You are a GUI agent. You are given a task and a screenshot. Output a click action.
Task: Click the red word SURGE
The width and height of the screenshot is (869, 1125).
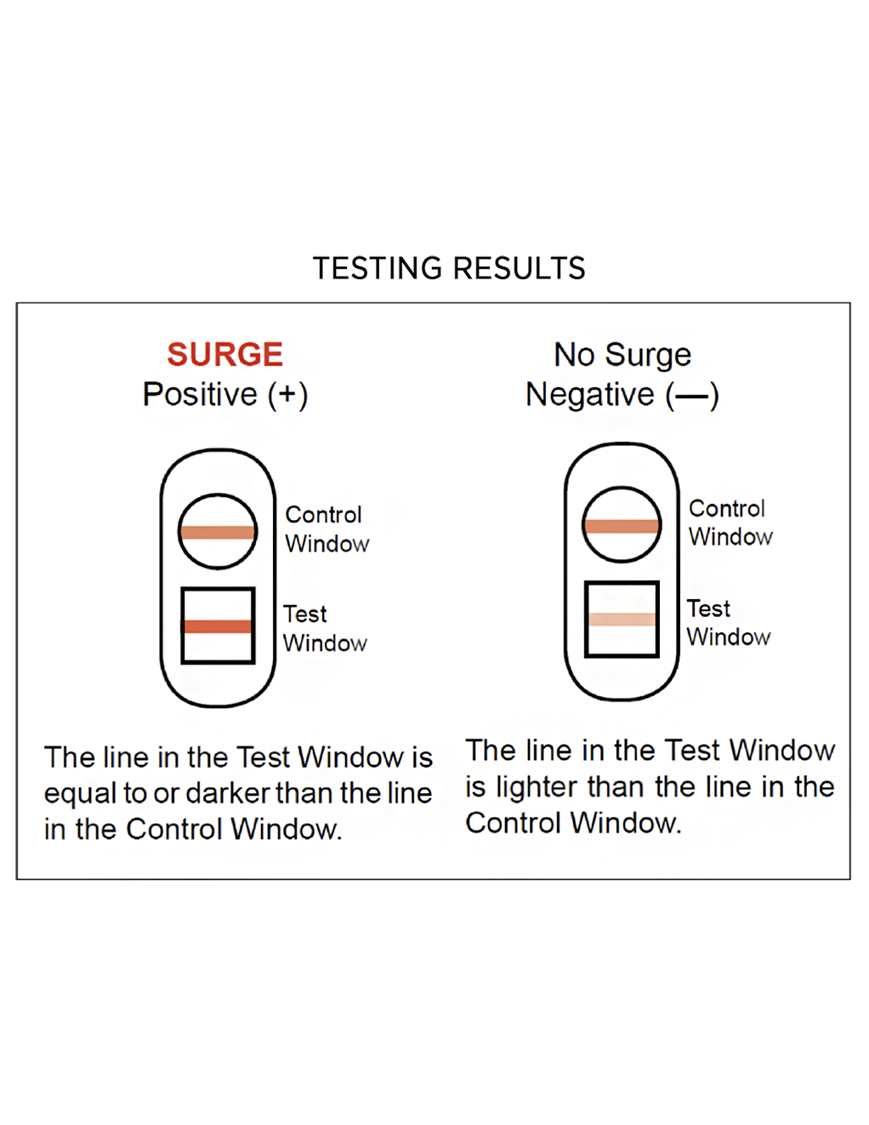[x=225, y=354]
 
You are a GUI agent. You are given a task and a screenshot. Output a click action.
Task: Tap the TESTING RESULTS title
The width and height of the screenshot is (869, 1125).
[x=449, y=268]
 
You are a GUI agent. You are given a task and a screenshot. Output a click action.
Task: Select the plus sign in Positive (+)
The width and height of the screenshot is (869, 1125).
[x=287, y=394]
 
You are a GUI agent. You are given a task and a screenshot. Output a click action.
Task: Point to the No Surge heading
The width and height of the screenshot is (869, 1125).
[x=622, y=355]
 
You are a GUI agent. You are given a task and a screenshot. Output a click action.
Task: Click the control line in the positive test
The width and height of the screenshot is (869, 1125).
[x=218, y=532]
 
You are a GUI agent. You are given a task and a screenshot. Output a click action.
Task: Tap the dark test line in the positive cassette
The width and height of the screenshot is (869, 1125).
[x=217, y=626]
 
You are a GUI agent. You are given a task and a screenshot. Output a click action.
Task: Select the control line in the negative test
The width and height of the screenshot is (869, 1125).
[x=622, y=526]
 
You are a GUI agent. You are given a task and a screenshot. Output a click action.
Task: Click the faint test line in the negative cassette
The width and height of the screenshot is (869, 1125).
[x=622, y=620]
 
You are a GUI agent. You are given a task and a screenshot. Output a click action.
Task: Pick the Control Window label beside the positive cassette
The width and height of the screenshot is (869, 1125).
[x=327, y=529]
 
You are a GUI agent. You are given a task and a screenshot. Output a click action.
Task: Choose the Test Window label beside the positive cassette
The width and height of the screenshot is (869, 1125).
[x=325, y=629]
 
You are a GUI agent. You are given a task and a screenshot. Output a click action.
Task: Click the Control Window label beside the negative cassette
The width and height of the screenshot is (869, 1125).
[x=730, y=523]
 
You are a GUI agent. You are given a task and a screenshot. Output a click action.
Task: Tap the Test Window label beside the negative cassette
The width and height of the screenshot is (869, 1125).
[x=729, y=622]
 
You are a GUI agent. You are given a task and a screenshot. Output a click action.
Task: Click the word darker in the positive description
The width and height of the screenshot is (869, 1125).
[x=228, y=792]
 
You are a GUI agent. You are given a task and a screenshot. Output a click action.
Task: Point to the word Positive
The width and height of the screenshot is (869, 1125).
[x=200, y=394]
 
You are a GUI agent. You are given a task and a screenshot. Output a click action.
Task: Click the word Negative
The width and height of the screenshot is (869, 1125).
[x=590, y=395]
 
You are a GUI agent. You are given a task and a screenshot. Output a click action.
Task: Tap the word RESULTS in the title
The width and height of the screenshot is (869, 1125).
[x=520, y=268]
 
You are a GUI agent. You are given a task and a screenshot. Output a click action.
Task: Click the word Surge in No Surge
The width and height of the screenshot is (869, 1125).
[x=648, y=356]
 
